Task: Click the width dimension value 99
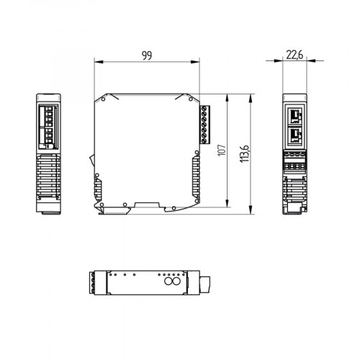coord(148,55)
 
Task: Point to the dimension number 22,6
coord(295,54)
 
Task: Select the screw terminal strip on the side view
coord(204,124)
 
